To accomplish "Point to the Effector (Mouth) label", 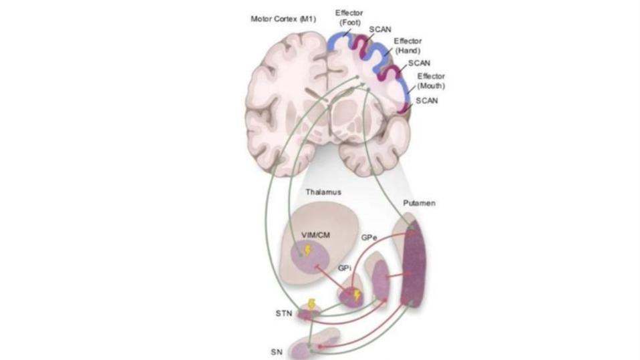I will (431, 81).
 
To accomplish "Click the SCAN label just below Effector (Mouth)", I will (427, 100).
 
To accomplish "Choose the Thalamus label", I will (323, 192).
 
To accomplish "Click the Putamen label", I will (419, 202).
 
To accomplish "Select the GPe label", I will (370, 237).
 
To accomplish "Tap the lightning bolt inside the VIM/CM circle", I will (308, 250).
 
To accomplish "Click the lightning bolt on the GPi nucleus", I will (356, 295).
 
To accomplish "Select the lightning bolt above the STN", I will (311, 304).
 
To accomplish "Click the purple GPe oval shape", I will (380, 281).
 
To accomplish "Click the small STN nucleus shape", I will (309, 313).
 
